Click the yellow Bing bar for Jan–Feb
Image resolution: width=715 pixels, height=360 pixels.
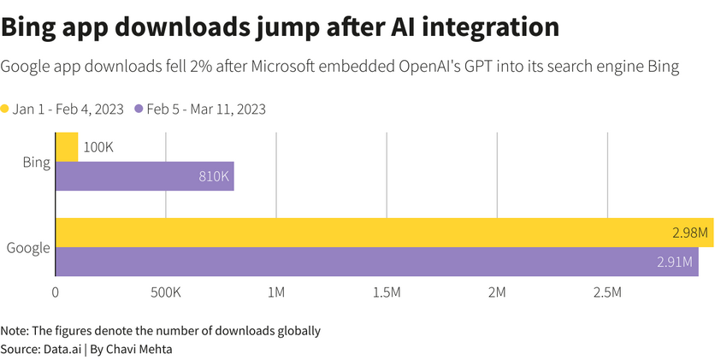pos(67,146)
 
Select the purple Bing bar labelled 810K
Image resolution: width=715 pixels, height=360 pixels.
pos(144,176)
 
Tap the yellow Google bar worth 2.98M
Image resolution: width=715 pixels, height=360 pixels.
pos(384,233)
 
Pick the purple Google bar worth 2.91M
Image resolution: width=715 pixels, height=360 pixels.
pos(376,262)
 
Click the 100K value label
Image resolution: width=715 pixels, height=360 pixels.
pos(98,147)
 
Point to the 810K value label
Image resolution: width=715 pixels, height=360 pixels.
pos(213,176)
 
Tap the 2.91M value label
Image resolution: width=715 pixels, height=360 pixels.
pos(675,262)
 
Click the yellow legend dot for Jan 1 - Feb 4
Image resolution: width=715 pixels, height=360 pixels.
pos(5,109)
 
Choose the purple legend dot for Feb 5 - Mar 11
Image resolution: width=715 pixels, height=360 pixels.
pos(138,109)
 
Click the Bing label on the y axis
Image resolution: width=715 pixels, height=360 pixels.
pos(36,162)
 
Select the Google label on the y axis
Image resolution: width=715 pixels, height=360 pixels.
pos(27,248)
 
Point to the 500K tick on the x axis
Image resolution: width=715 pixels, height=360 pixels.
pos(165,293)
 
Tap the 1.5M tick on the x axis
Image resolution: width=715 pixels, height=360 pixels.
pos(387,293)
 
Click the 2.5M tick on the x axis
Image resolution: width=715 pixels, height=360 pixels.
pos(607,293)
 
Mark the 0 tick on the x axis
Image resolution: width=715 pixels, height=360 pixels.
pos(56,293)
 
